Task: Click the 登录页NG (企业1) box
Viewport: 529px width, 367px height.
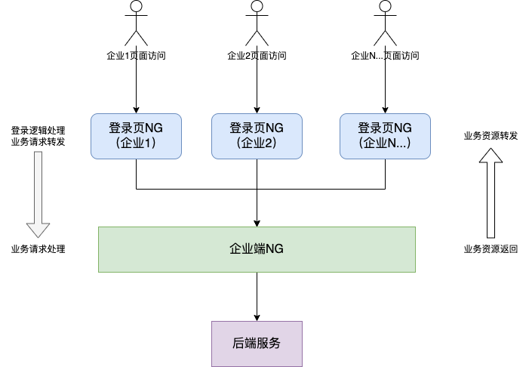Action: click(x=136, y=136)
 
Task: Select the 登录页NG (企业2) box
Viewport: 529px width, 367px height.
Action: click(x=257, y=136)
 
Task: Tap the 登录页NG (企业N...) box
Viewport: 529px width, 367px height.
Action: click(x=385, y=136)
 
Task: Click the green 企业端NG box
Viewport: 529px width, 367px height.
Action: click(x=257, y=249)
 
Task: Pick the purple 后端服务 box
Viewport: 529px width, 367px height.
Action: click(x=257, y=343)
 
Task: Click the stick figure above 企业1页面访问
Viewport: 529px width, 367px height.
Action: click(x=136, y=23)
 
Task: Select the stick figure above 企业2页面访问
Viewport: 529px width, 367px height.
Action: click(x=257, y=23)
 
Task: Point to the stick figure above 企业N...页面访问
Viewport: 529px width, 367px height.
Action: click(x=385, y=23)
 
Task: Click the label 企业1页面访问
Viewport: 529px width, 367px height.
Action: click(x=136, y=55)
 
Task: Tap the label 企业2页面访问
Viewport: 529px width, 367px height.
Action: click(x=257, y=55)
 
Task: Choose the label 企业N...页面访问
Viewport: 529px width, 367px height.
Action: click(x=385, y=55)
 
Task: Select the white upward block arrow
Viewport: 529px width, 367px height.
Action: click(x=491, y=193)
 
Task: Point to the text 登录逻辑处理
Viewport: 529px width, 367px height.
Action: click(x=38, y=130)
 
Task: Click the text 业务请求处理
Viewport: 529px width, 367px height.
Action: click(x=38, y=249)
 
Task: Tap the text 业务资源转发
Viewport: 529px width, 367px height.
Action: click(x=491, y=136)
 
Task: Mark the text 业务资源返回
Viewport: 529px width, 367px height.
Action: click(x=491, y=249)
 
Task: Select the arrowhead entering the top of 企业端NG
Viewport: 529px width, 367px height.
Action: click(x=257, y=222)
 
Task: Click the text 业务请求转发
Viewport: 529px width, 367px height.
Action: click(x=38, y=141)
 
